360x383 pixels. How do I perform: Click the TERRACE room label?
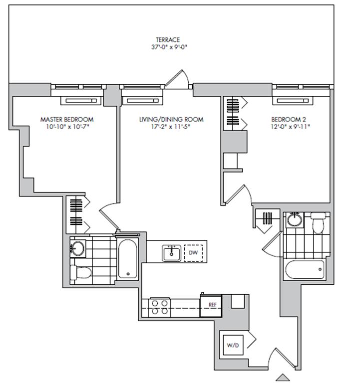[168, 39]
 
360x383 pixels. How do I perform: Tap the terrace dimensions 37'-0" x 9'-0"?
[169, 47]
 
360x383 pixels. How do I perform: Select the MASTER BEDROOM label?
[67, 120]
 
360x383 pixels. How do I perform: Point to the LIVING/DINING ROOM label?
[171, 120]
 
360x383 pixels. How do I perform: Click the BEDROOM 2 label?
[289, 120]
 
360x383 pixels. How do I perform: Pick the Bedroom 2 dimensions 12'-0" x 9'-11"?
[290, 127]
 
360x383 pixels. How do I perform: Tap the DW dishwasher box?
[193, 253]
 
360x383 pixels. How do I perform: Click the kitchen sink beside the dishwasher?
[171, 253]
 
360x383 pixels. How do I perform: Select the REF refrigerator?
[211, 306]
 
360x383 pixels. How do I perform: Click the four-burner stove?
[160, 307]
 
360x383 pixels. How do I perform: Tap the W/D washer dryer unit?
[233, 345]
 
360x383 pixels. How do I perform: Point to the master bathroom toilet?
[80, 273]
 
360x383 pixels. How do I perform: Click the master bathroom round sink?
[78, 249]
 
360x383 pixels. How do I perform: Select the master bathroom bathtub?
[127, 259]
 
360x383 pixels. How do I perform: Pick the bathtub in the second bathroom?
[305, 269]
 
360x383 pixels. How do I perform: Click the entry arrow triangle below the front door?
[283, 377]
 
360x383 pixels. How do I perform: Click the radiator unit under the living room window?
[143, 101]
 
